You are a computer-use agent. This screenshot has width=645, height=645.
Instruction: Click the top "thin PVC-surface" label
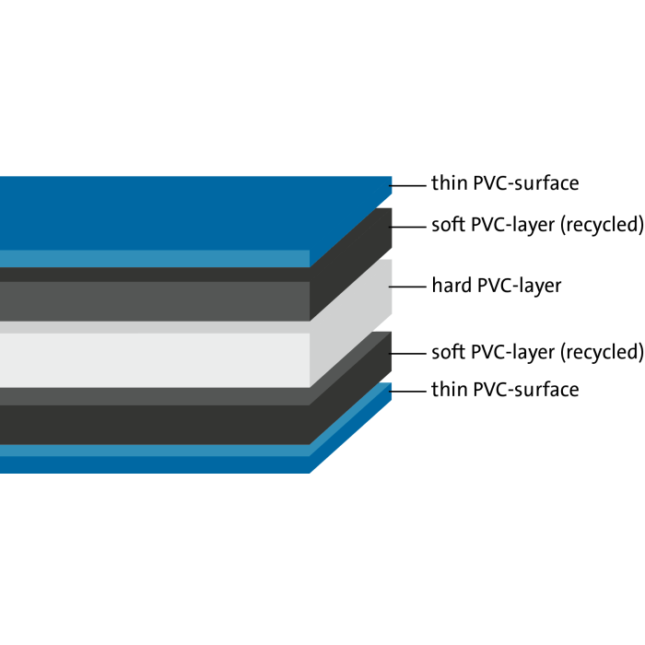click(505, 183)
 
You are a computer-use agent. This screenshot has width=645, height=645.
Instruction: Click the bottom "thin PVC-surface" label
click(505, 390)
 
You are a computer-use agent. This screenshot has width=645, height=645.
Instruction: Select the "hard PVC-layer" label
click(496, 286)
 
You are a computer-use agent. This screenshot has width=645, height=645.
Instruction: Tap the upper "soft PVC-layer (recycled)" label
click(536, 225)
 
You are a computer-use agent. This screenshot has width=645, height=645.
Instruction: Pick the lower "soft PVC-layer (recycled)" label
click(536, 352)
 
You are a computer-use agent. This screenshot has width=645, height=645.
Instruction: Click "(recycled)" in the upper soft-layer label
click(601, 225)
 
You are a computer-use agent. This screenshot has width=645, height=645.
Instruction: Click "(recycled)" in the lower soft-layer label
click(601, 352)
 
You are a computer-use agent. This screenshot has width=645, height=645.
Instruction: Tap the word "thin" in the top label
click(449, 183)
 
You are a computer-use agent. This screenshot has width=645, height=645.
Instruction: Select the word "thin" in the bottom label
click(449, 390)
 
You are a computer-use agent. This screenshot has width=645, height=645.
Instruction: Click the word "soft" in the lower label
click(447, 352)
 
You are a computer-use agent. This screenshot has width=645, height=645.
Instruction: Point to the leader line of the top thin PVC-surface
click(407, 183)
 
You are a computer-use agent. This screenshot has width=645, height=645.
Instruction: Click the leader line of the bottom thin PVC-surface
click(407, 390)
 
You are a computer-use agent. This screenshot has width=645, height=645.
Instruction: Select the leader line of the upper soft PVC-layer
click(407, 225)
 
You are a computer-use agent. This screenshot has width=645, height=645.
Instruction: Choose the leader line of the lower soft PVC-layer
click(407, 352)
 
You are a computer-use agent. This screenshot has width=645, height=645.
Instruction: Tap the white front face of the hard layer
click(157, 359)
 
